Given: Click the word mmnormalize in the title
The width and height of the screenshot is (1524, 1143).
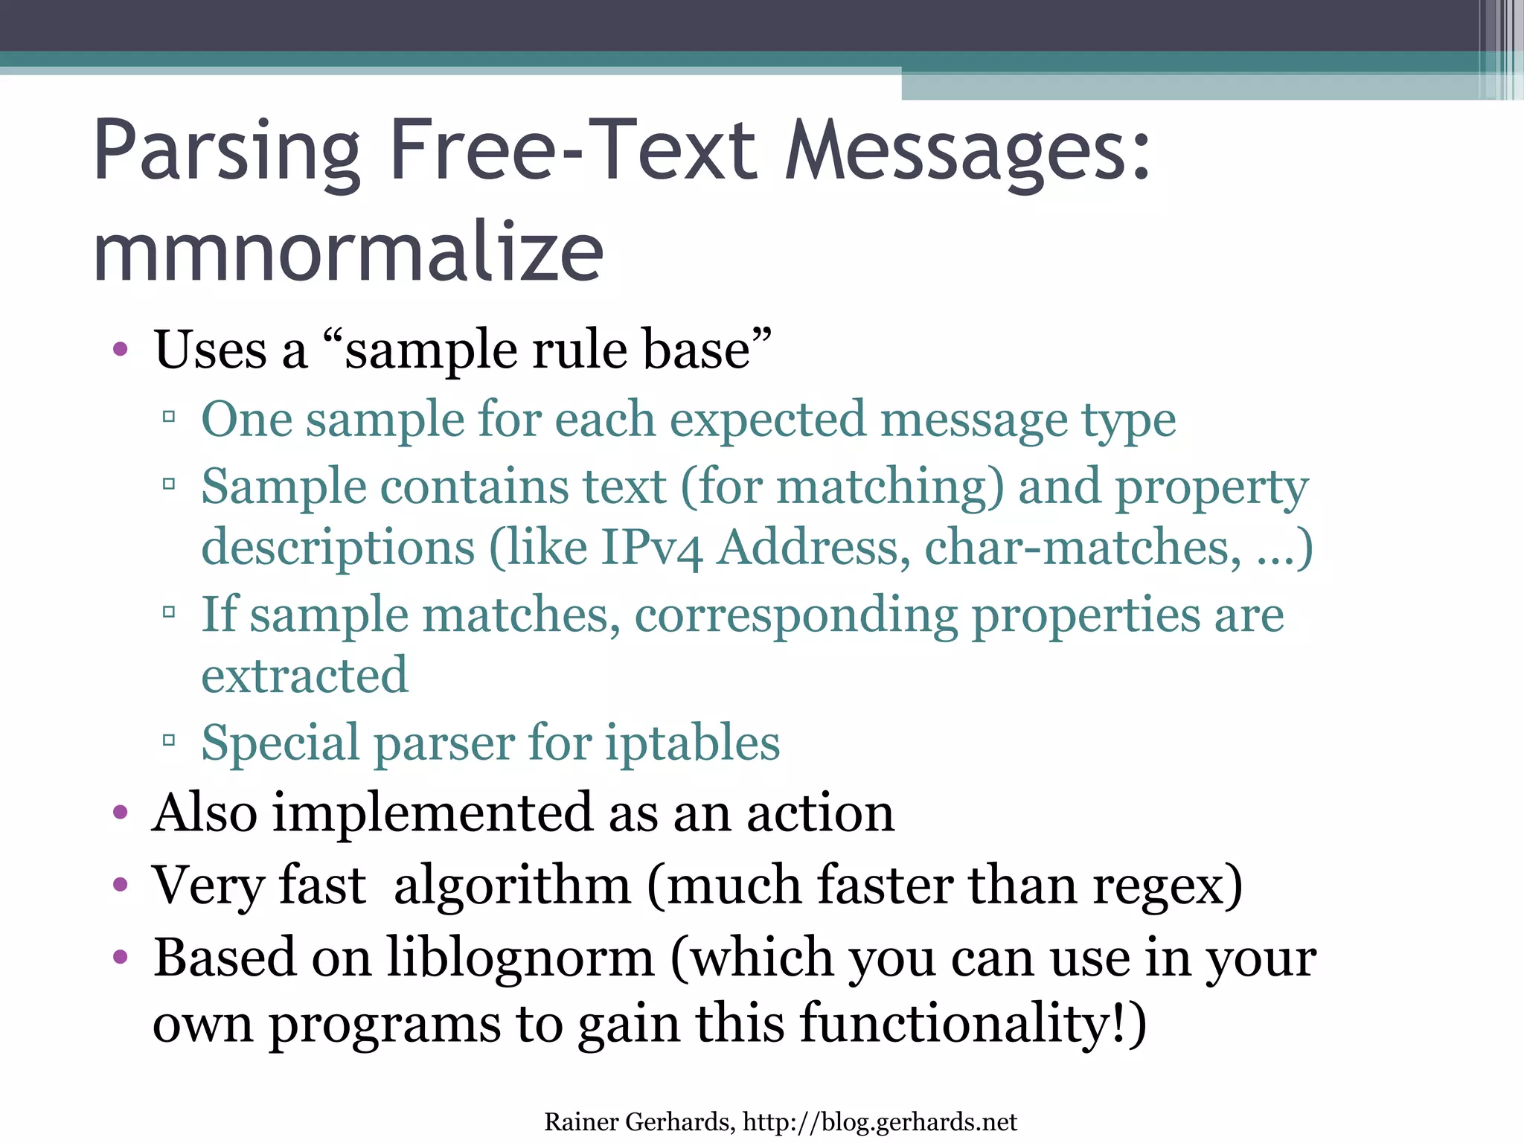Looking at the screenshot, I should click(348, 253).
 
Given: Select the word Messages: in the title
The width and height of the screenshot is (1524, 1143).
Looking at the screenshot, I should click(967, 153).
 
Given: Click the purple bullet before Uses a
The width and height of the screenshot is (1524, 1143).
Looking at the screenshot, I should click(121, 349).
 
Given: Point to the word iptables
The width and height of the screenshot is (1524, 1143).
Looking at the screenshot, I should click(692, 743).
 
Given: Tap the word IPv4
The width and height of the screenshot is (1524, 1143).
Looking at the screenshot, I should click(651, 548).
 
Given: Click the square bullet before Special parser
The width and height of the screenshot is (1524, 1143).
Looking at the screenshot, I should click(169, 740).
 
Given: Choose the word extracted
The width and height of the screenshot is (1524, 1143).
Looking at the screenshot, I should click(305, 675).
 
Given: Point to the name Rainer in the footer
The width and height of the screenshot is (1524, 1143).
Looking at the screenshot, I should click(581, 1121).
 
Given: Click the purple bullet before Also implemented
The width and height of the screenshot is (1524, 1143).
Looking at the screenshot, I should click(121, 812).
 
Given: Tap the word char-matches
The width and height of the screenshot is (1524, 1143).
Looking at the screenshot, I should click(1083, 548).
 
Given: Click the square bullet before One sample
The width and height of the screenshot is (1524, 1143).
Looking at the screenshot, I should click(169, 417).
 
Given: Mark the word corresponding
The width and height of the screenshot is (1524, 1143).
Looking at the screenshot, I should click(796, 616).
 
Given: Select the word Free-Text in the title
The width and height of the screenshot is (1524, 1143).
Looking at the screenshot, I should click(573, 153).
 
